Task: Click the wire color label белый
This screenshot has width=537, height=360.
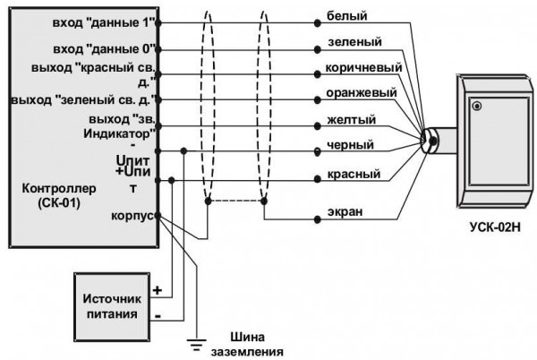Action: pyautogui.click(x=346, y=15)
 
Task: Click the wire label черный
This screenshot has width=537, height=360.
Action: pyautogui.click(x=351, y=145)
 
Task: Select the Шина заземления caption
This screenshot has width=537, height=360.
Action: pyautogui.click(x=256, y=345)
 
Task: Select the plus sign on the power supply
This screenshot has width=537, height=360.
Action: pyautogui.click(x=158, y=291)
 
